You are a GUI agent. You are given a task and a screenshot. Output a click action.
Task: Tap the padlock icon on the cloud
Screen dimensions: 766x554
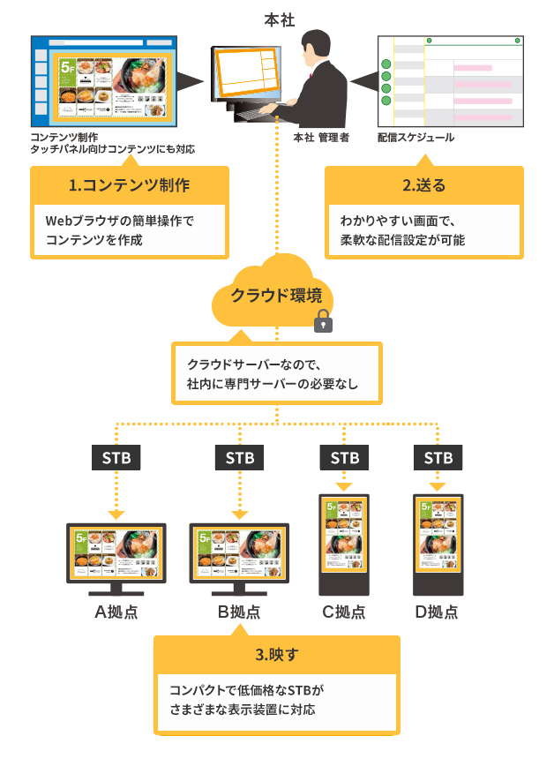pos(325,321)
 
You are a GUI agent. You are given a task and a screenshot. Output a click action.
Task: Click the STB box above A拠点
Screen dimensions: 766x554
pos(116,458)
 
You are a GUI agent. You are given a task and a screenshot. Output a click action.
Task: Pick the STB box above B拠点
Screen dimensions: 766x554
pos(239,458)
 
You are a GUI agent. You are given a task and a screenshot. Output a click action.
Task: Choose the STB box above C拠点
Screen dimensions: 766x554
pos(345,458)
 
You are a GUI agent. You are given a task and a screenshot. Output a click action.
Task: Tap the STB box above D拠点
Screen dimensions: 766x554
pos(438,458)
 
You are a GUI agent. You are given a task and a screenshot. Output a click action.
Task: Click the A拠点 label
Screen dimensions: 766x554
pos(116,612)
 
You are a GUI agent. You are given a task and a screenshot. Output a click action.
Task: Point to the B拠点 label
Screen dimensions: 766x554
pos(238,612)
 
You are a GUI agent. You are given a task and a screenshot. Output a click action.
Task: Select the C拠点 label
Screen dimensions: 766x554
pos(344,612)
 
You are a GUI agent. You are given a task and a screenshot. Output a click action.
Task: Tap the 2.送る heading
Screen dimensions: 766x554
pos(424,186)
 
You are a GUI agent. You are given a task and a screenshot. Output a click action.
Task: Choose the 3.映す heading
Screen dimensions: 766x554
pos(276,656)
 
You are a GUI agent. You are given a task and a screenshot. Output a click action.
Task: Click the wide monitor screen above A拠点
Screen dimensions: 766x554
pos(116,553)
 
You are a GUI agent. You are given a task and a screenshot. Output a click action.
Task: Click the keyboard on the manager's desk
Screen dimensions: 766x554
pos(261,112)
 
